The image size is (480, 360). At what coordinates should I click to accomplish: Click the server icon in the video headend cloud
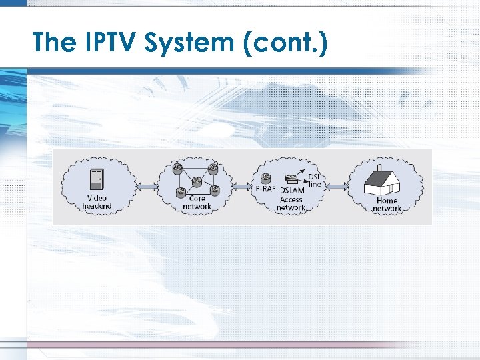(97, 179)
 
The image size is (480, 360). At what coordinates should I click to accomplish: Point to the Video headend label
(97, 202)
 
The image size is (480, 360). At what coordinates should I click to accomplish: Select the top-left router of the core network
(177, 167)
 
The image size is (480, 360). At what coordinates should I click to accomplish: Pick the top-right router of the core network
(213, 167)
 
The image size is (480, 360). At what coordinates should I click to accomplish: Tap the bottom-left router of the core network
(180, 192)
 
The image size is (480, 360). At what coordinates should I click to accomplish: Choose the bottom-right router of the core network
(214, 191)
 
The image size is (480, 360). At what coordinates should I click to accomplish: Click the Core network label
(197, 203)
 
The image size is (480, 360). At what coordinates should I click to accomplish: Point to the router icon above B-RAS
(266, 178)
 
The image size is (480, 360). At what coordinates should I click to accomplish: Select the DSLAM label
(291, 190)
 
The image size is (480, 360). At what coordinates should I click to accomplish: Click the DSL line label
(315, 180)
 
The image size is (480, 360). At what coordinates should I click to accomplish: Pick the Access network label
(291, 203)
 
